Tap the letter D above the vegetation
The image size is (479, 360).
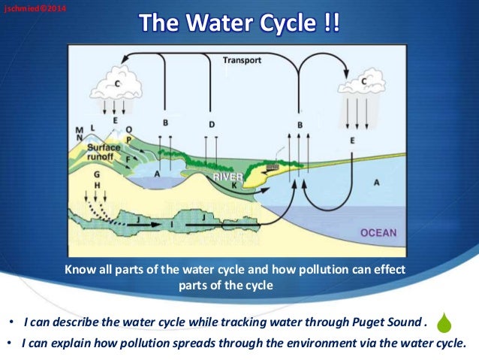[212, 123]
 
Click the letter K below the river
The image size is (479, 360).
[235, 185]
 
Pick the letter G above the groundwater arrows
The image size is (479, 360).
[97, 174]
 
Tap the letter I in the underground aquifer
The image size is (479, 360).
[173, 222]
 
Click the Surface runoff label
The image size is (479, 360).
[105, 153]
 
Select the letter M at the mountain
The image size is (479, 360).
[79, 129]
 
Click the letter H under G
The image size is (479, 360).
[98, 184]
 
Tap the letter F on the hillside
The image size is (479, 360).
[128, 159]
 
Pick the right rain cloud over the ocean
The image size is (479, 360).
[363, 83]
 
